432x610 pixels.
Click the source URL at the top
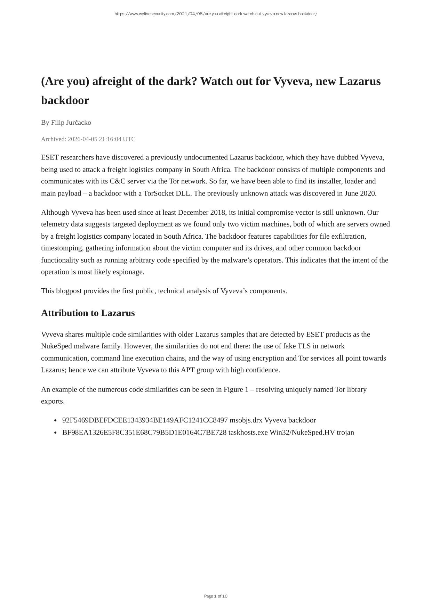tap(216, 14)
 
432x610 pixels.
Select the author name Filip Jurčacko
tap(71, 123)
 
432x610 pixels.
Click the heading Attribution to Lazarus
tap(88, 313)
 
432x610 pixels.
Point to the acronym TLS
tap(304, 346)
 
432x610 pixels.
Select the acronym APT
tap(188, 370)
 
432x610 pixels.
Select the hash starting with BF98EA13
tap(144, 432)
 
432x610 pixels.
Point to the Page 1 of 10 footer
tap(216, 596)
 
